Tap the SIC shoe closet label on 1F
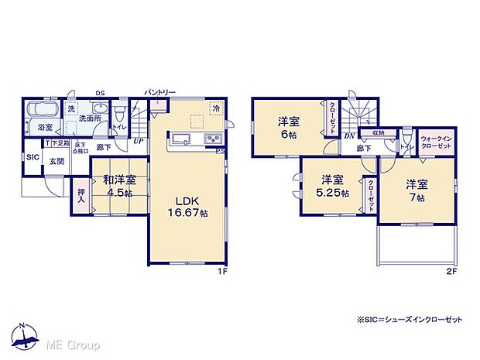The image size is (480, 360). (x=32, y=157)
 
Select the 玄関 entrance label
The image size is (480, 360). (x=57, y=161)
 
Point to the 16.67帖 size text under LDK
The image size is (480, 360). (x=185, y=212)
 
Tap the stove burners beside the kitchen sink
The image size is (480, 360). (x=213, y=139)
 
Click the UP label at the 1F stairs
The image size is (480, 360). (x=138, y=141)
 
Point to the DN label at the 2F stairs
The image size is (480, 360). (x=349, y=136)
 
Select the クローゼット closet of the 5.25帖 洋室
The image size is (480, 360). (x=371, y=189)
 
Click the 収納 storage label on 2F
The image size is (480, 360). (x=377, y=132)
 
